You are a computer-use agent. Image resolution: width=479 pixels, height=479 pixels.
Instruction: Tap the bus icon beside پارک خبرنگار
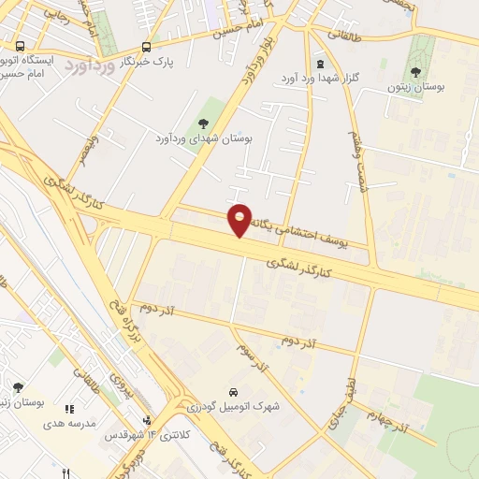(x=146, y=47)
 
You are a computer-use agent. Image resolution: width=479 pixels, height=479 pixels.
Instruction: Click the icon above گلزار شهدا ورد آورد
(x=321, y=65)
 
